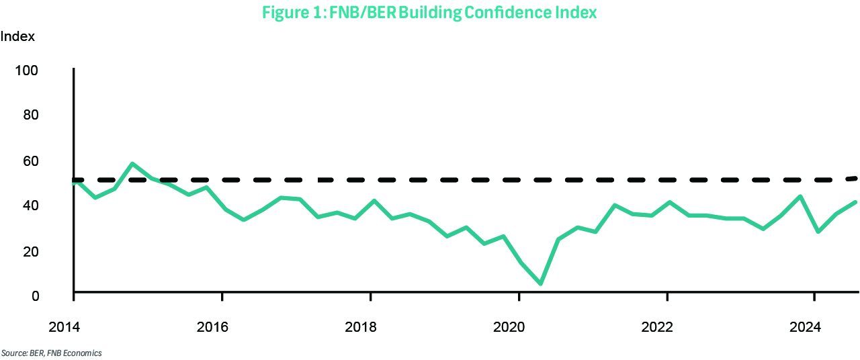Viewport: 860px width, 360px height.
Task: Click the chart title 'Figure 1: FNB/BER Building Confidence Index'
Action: click(x=429, y=13)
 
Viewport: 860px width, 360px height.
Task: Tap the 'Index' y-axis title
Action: click(x=17, y=37)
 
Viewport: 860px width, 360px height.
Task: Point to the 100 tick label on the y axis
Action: click(x=26, y=71)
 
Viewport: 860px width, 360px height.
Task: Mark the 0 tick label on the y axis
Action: click(x=34, y=296)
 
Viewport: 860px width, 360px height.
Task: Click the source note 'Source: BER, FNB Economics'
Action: click(x=51, y=353)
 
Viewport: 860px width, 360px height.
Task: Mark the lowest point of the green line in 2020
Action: click(x=540, y=283)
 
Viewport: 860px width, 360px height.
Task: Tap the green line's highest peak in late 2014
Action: click(x=132, y=164)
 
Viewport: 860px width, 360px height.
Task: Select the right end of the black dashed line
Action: click(x=857, y=178)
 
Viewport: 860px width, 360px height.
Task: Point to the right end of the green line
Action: click(x=857, y=202)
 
